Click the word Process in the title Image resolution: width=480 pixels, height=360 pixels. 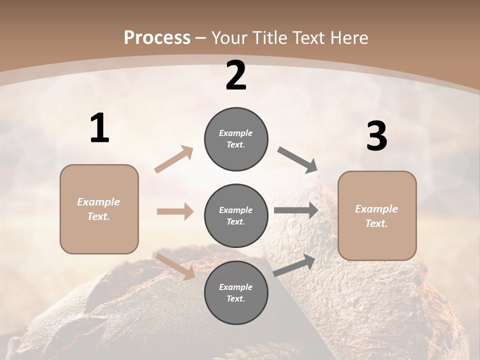(157, 37)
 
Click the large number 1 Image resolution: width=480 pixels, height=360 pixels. (99, 128)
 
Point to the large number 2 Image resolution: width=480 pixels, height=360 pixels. (236, 75)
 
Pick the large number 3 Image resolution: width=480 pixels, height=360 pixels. (376, 136)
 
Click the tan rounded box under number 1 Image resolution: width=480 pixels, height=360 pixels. (99, 209)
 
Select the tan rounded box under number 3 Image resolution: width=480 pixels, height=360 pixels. (377, 216)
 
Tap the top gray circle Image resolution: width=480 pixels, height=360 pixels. (236, 139)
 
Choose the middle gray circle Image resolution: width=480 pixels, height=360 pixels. (236, 216)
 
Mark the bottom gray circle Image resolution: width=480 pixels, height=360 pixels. (236, 293)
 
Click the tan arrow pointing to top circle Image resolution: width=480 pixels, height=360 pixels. (174, 159)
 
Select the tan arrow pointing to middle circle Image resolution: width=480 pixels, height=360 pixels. (175, 211)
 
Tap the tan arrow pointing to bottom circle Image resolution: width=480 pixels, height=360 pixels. (175, 266)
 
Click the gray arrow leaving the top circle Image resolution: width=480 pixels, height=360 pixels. (297, 160)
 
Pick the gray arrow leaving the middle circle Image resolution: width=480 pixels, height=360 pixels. (296, 210)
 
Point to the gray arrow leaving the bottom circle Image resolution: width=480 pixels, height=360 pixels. (294, 265)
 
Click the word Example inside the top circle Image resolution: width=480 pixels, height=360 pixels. (236, 133)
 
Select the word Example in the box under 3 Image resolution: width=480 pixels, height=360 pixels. (376, 209)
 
